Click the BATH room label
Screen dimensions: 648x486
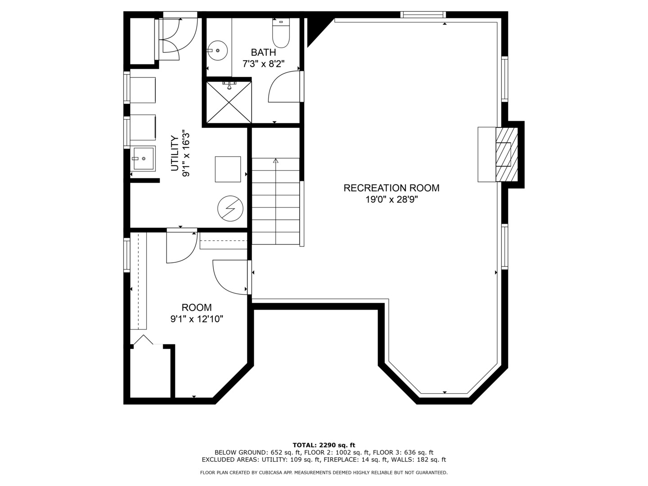coord(263,53)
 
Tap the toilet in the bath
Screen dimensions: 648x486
coord(281,33)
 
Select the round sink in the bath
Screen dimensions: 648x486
coord(217,50)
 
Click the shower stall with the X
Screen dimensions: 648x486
coord(229,103)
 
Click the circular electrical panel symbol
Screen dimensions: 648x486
coord(230,208)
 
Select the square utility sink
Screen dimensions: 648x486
coord(143,158)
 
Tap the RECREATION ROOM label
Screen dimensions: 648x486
coord(391,188)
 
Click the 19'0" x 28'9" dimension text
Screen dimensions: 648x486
coord(391,200)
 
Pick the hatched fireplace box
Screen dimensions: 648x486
coord(507,154)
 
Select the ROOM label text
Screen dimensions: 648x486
coord(197,307)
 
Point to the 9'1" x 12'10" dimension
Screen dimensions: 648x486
coord(197,319)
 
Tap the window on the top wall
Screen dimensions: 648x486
coord(423,14)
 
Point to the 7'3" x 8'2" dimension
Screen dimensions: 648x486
coord(263,64)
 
